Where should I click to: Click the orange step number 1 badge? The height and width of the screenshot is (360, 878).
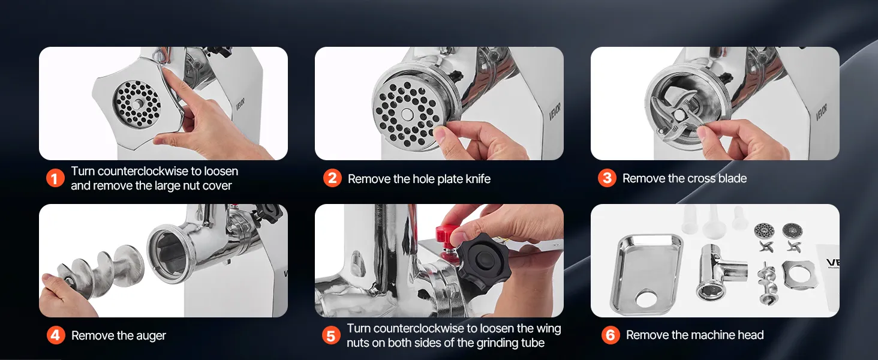point(55,178)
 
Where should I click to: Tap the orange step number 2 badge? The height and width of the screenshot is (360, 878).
point(332,178)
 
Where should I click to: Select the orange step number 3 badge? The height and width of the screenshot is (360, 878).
point(607,178)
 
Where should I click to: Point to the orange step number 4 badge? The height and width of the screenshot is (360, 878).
point(56,335)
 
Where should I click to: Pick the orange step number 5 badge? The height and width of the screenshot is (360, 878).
point(331,335)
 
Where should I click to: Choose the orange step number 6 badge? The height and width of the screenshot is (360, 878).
point(611,335)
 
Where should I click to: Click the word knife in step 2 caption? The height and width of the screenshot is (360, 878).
point(477,179)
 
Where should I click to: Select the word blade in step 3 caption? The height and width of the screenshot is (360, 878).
point(732,178)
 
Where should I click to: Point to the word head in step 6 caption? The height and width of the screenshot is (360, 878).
point(750,335)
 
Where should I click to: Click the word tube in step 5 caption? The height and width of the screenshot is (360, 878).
point(533,343)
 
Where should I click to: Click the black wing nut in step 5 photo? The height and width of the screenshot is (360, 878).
point(482,260)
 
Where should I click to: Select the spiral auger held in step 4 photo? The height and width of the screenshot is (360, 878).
point(100,272)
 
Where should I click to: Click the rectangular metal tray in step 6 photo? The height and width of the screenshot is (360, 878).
point(647,274)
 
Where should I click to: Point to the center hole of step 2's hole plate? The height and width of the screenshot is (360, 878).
point(407,115)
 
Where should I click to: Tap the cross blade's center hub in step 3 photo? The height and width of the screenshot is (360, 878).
point(678,115)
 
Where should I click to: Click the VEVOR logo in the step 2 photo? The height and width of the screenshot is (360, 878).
point(555,112)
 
